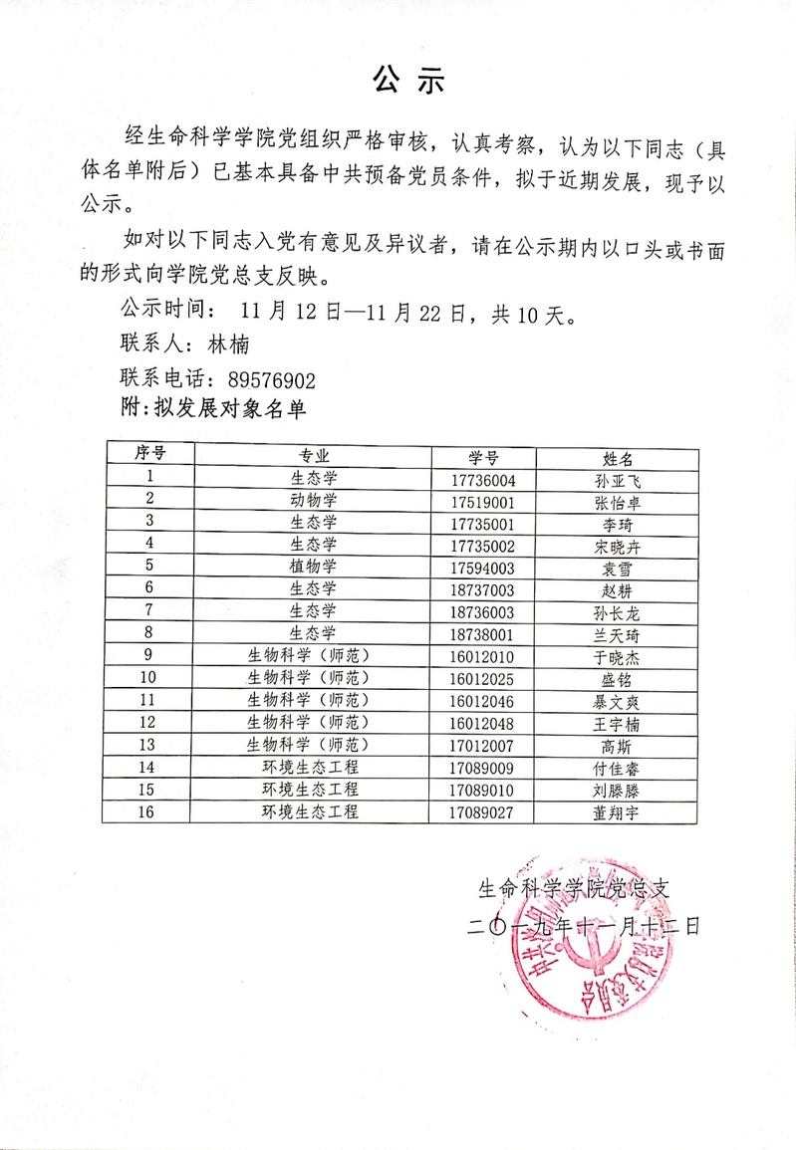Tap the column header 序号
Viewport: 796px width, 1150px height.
click(x=149, y=454)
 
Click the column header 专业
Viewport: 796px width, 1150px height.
click(x=314, y=456)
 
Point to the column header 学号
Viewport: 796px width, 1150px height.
click(x=483, y=457)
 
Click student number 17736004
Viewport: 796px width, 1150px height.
click(x=483, y=479)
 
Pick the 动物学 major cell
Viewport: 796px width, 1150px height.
click(x=314, y=500)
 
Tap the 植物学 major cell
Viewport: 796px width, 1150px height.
click(x=314, y=567)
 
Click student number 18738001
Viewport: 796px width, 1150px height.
click(x=483, y=633)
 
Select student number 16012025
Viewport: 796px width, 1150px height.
click(x=483, y=678)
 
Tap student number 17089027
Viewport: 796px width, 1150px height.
click(x=483, y=812)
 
